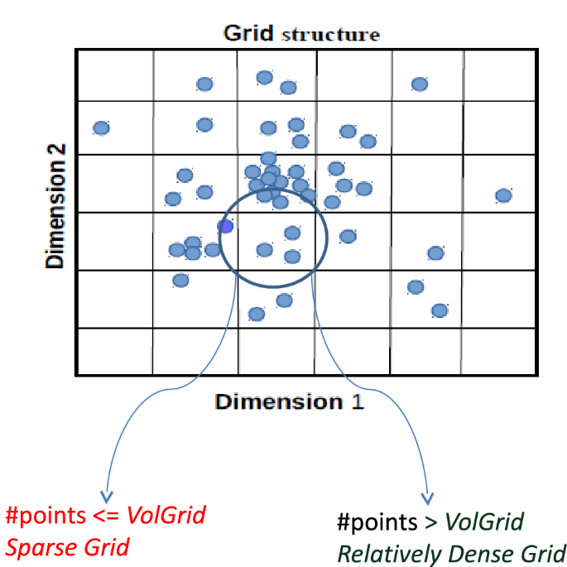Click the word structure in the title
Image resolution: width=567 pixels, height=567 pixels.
point(330,35)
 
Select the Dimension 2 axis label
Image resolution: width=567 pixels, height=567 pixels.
point(55,213)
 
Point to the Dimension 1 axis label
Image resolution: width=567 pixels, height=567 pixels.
point(290,402)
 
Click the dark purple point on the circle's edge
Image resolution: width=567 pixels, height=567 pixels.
point(225,226)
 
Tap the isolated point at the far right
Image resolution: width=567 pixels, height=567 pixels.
point(503,195)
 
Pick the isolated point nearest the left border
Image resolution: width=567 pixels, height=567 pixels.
point(101,128)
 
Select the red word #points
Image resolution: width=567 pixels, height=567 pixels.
point(41,517)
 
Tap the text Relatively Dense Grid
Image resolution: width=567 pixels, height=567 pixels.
point(451,552)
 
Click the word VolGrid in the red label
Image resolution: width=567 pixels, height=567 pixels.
point(165,517)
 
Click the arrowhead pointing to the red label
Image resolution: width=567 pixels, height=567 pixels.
point(105,492)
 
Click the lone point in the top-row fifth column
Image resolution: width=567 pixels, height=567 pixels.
point(420,84)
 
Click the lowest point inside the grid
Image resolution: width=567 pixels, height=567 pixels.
point(257,314)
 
